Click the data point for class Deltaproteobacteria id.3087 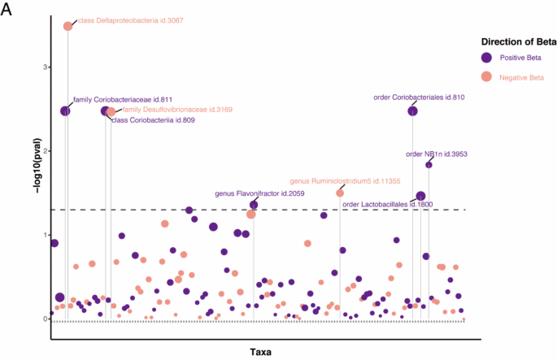coord(68,26)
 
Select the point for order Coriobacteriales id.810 coord(413,111)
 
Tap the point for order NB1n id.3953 coord(429,165)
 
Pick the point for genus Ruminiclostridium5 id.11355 coord(340,193)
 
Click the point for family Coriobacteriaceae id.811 coord(65,111)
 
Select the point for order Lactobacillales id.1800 coord(420,197)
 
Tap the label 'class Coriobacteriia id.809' coord(152,120)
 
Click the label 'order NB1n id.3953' coord(437,154)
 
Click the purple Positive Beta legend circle coord(486,58)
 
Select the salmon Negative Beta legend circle coord(486,76)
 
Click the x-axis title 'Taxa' coord(261,352)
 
